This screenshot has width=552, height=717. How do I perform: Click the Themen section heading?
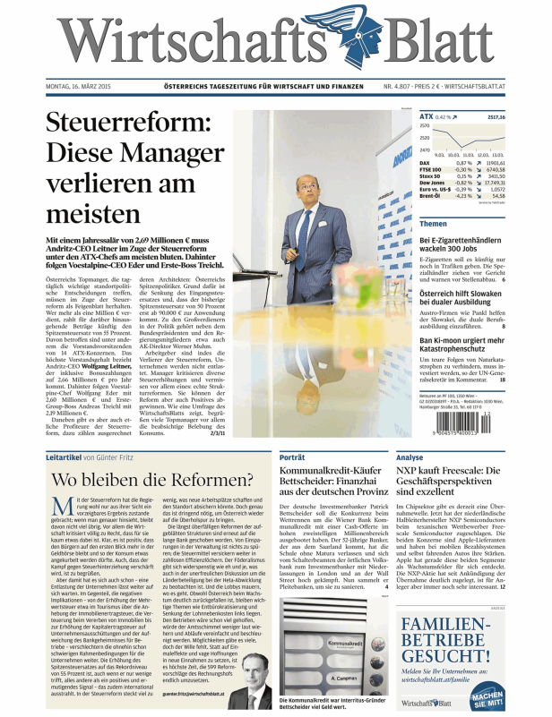tap(434, 224)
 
